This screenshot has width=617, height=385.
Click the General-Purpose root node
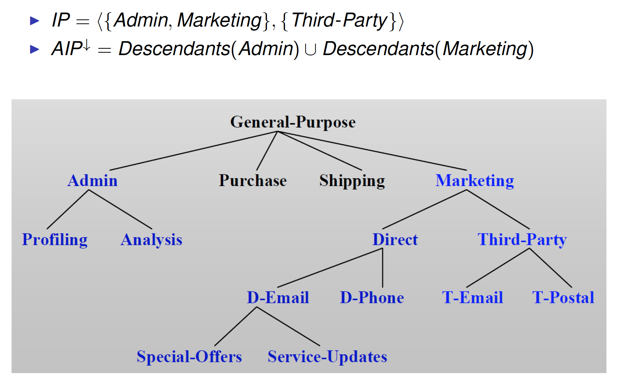[293, 122]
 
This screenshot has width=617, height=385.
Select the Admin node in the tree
[93, 181]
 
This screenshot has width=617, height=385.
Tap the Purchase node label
[253, 181]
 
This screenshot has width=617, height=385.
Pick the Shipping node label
[352, 181]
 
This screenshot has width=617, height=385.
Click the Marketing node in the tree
[475, 181]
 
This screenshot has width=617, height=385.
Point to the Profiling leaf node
[55, 240]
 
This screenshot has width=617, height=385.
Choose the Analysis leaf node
[152, 240]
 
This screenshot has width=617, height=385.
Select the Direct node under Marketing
[395, 240]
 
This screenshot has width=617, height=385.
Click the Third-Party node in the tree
[522, 240]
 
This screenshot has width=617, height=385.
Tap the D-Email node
[278, 298]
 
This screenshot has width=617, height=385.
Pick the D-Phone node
[372, 298]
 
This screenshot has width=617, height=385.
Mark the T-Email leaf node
[472, 298]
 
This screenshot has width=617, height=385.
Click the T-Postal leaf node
[563, 298]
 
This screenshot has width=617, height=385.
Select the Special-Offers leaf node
[189, 357]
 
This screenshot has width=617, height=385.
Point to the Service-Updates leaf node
[327, 357]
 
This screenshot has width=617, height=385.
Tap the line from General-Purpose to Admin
[193, 151]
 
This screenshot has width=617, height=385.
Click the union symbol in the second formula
[310, 50]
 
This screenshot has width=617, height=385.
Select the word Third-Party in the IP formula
[339, 20]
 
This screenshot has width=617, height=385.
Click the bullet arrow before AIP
[35, 49]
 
